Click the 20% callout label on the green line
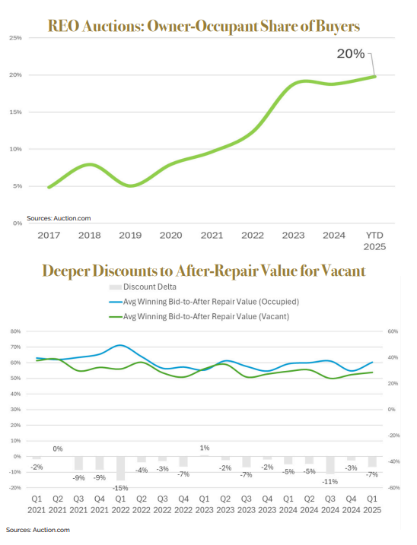click(x=351, y=53)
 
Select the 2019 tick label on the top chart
click(x=130, y=236)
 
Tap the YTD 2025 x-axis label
click(x=374, y=241)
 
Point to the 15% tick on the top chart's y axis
click(x=15, y=112)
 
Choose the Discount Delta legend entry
click(x=143, y=287)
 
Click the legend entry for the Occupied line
click(x=204, y=302)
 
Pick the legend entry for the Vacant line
click(x=199, y=317)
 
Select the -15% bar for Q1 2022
click(x=120, y=468)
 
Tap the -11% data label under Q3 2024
click(x=330, y=482)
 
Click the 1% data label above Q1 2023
click(x=205, y=448)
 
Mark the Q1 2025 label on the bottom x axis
click(x=372, y=504)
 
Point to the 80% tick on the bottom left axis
click(x=16, y=331)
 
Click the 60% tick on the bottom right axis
click(x=393, y=331)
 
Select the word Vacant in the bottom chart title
click(x=343, y=271)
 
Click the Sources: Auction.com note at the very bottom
click(x=37, y=530)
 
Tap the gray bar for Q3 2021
click(x=78, y=464)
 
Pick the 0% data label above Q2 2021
click(x=58, y=448)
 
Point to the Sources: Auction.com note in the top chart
click(x=59, y=218)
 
